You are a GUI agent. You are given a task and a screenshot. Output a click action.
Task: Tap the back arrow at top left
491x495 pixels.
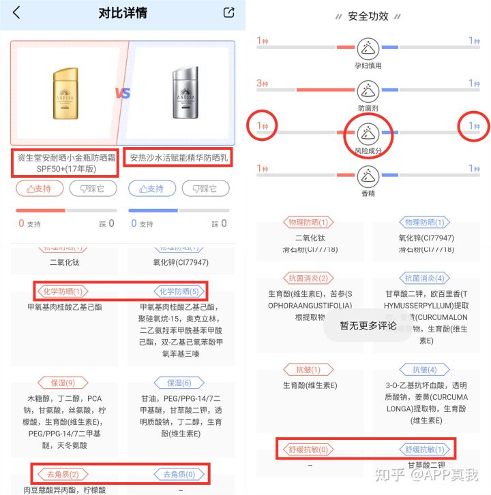coord(16,13)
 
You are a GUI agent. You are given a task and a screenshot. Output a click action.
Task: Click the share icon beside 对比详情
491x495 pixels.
coord(229,12)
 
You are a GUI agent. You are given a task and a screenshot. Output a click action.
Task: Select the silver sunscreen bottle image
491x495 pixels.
coord(182,91)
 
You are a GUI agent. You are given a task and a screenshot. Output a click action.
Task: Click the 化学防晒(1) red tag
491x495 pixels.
coord(63,291)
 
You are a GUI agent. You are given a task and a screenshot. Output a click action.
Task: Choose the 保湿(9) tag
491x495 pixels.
coord(63,383)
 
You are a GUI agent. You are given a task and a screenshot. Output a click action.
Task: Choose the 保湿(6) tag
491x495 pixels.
coord(179,383)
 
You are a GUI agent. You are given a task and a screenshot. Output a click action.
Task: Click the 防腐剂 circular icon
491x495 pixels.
coord(369,89)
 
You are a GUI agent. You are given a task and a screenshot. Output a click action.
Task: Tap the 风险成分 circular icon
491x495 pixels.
coord(369,131)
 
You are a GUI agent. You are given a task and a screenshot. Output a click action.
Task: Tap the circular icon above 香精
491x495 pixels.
coord(369,175)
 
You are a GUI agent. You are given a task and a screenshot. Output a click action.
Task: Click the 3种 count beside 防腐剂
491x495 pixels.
coord(263,83)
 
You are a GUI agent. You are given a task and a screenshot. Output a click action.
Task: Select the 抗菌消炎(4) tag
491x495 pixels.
coord(426,278)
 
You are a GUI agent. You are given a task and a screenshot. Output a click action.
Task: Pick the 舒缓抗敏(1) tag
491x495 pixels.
coord(426,449)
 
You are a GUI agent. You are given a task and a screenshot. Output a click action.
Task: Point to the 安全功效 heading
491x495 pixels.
coord(368,16)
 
